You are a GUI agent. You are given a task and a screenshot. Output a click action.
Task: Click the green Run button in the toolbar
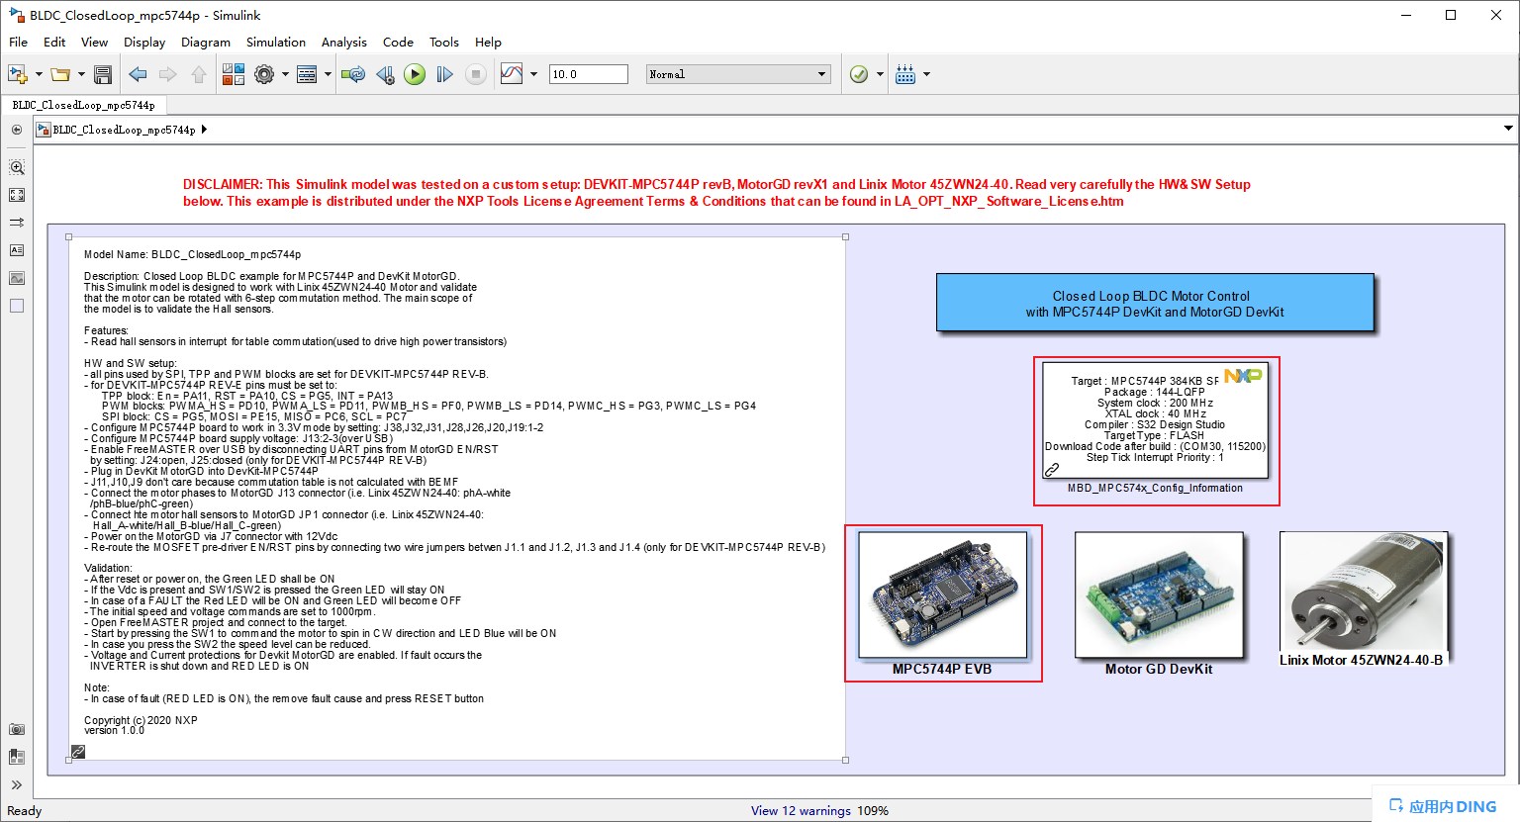click(x=415, y=74)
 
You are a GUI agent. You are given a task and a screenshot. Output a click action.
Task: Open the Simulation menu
click(x=275, y=42)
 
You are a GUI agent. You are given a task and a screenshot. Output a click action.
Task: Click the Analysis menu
click(x=343, y=42)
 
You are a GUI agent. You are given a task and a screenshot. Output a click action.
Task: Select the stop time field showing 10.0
click(x=588, y=74)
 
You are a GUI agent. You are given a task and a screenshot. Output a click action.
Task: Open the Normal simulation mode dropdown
click(x=737, y=74)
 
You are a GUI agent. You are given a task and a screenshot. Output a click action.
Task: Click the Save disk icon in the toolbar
click(x=102, y=74)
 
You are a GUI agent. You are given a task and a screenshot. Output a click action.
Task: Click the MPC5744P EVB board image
click(x=943, y=594)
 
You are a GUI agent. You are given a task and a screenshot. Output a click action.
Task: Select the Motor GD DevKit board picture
click(x=1159, y=594)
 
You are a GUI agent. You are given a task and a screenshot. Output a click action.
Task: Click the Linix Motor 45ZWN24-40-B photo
click(x=1363, y=592)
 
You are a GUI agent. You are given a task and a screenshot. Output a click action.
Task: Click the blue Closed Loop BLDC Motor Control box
click(x=1154, y=303)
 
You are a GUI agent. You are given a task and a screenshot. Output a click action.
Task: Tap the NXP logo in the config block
click(x=1243, y=376)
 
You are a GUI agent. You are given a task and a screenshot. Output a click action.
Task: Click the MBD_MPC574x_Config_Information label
click(x=1155, y=488)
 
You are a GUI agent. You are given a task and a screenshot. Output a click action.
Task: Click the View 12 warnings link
click(x=801, y=810)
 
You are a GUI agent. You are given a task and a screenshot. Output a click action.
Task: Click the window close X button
click(x=1495, y=15)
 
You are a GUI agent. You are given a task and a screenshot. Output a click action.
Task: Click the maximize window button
click(x=1451, y=15)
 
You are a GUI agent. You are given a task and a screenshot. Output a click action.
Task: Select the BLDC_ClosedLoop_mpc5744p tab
click(x=83, y=105)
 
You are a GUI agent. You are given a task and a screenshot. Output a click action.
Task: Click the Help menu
click(x=488, y=42)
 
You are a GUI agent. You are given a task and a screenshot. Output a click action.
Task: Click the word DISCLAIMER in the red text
click(x=222, y=184)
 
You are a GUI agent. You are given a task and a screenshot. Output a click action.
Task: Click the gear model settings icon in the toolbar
click(x=264, y=74)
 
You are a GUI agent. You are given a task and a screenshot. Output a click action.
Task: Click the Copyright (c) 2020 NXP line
click(x=141, y=720)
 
